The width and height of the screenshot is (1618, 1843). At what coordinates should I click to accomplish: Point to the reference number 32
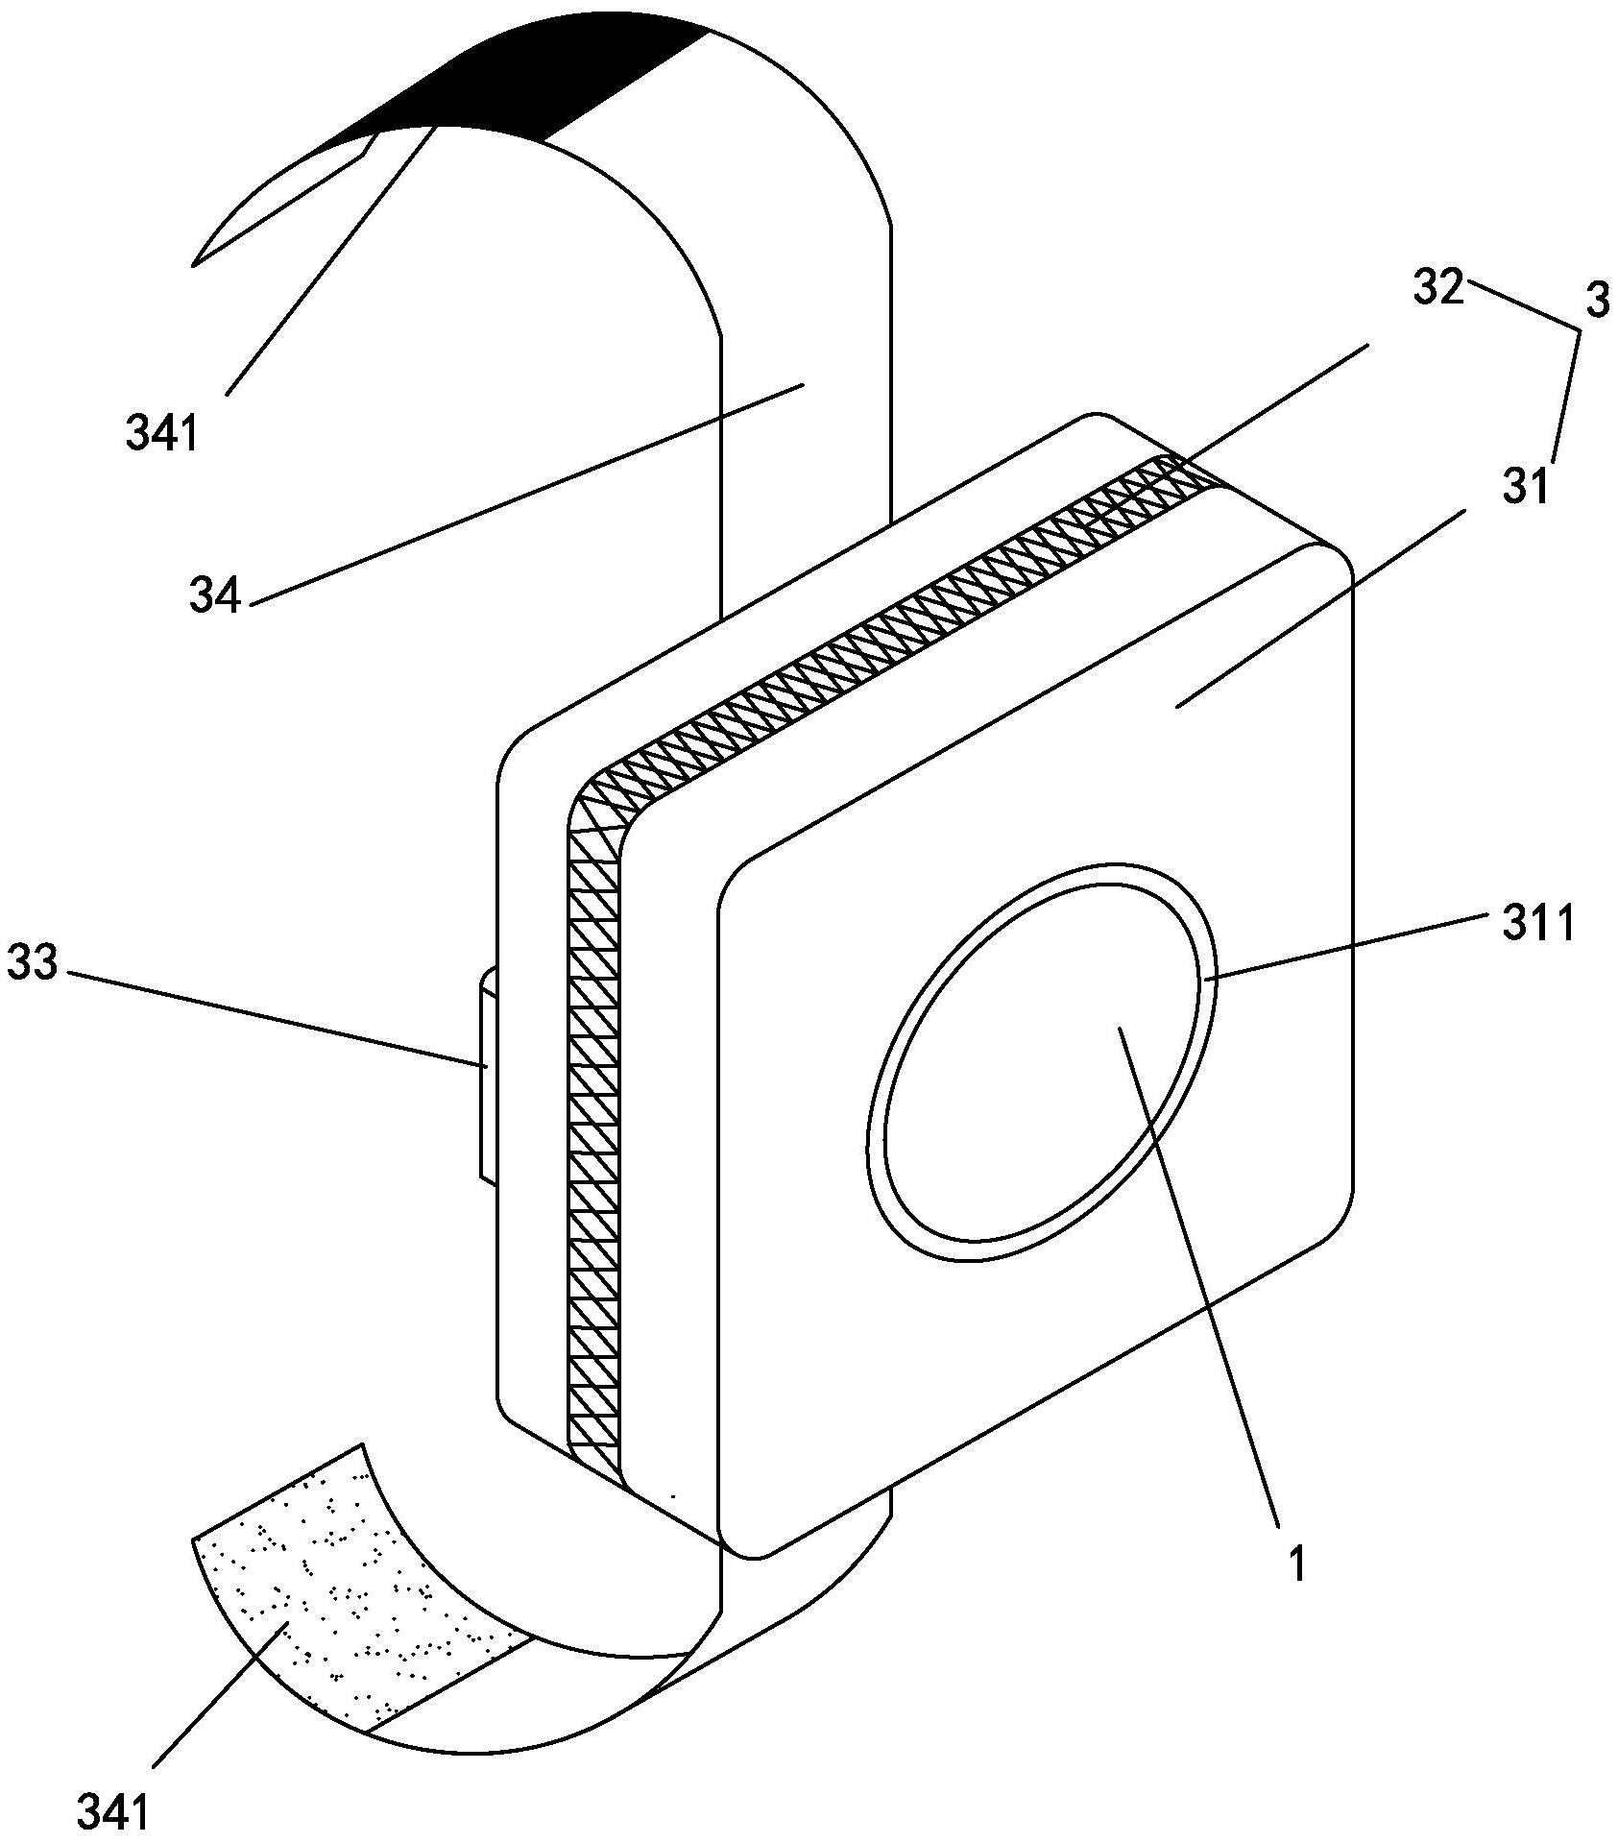1437,288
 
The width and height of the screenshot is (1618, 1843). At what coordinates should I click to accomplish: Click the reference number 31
1526,487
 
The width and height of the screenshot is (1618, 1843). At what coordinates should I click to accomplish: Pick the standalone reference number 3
1595,302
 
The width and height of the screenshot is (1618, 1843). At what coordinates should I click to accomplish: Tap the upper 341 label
161,434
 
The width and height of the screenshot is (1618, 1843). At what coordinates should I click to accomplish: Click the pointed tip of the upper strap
194,264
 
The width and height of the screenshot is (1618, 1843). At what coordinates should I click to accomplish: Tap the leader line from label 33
277,1019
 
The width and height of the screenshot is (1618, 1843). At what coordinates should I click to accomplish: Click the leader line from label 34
527,494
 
